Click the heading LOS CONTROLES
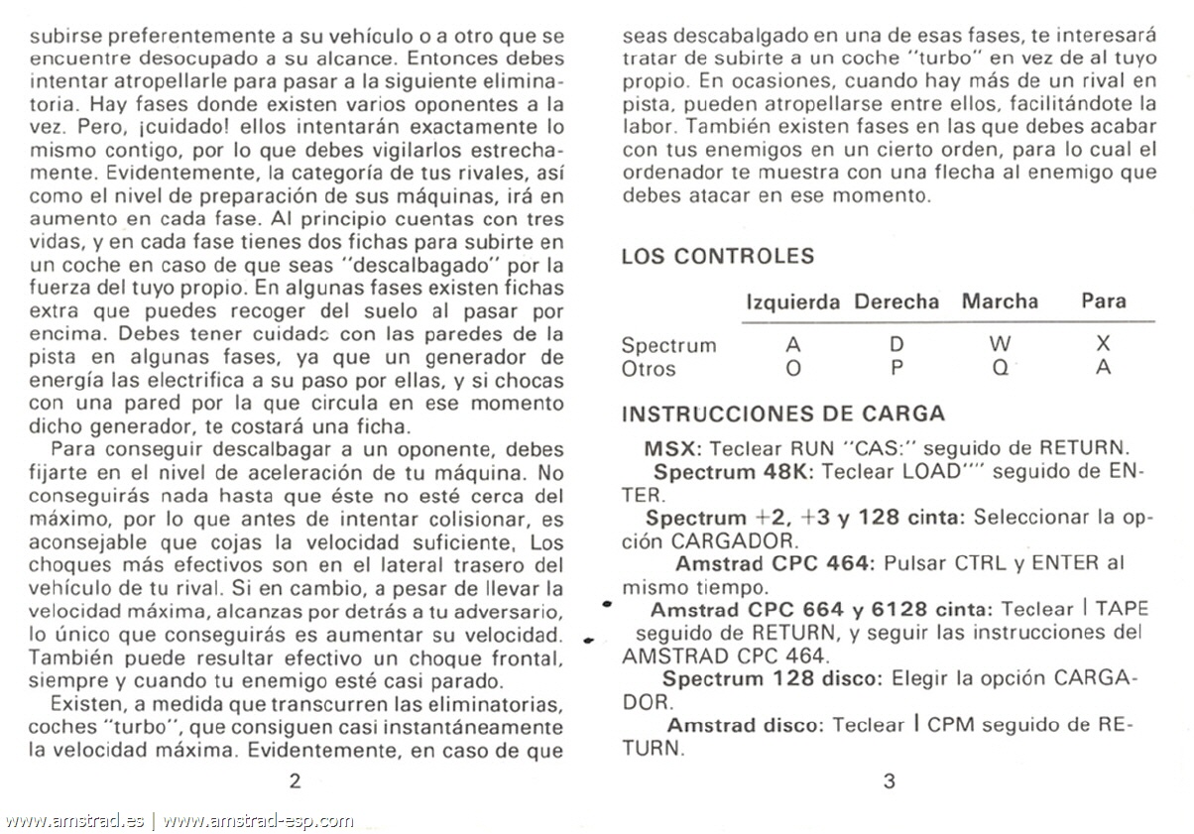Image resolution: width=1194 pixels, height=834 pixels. [x=717, y=256]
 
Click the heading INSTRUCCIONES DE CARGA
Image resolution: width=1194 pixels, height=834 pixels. [x=782, y=414]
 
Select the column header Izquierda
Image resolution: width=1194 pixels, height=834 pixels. [x=792, y=301]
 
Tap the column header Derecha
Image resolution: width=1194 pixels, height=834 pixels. [x=895, y=301]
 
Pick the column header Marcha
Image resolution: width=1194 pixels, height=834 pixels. [x=1000, y=301]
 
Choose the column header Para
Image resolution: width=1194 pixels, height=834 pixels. [x=1104, y=301]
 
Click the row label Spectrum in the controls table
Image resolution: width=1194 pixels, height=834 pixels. [x=668, y=346]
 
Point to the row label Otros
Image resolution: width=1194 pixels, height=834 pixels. [x=649, y=369]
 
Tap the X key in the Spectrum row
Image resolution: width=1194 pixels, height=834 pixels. [x=1104, y=345]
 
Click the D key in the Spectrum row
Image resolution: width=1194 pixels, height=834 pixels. [x=896, y=345]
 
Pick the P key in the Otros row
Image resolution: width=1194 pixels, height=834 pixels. [x=896, y=368]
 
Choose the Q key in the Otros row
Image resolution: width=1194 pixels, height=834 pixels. [x=1000, y=368]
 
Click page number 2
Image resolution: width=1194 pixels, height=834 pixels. [x=295, y=780]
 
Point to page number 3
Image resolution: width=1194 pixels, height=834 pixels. [x=889, y=780]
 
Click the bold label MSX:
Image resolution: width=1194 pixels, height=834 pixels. [x=673, y=448]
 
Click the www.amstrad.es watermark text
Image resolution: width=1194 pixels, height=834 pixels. [x=74, y=820]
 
